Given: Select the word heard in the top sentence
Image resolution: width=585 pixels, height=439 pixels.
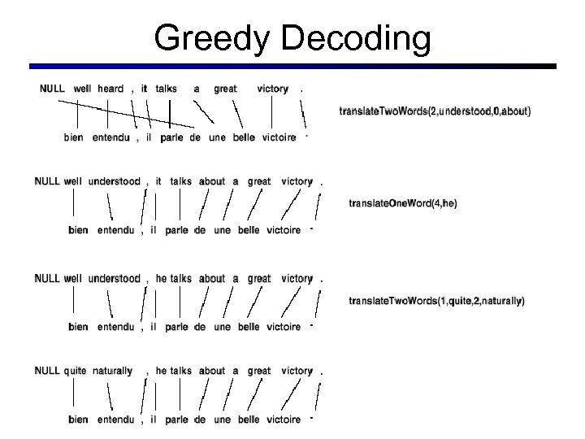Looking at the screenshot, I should (110, 88).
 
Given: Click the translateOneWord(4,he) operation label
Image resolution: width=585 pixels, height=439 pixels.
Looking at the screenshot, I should (402, 204).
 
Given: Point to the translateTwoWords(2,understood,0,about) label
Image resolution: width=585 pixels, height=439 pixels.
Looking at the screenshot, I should (435, 111).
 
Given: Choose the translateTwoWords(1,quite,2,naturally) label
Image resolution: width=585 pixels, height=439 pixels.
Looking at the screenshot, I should (436, 301).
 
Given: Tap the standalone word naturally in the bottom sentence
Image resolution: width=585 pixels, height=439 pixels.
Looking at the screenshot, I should (111, 371).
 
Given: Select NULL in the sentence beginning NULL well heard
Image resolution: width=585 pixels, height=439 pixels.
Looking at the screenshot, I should (52, 88).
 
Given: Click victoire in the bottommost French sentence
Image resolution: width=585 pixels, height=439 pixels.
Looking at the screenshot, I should (284, 420).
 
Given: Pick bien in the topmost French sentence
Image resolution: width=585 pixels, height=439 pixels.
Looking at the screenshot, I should (73, 138).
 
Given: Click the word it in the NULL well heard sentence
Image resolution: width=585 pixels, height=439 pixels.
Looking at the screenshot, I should (144, 88).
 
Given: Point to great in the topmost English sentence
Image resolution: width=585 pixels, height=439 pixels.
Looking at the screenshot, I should (225, 88).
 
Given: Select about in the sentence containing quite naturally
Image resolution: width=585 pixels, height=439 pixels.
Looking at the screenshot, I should (212, 371).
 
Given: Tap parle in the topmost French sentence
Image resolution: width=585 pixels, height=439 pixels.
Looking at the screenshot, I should (171, 138).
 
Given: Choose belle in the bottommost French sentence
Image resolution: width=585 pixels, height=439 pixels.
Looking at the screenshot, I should (249, 420).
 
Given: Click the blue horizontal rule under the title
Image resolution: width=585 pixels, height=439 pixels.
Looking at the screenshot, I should (292, 66).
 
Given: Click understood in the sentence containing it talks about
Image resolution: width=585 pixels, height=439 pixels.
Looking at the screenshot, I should (114, 181).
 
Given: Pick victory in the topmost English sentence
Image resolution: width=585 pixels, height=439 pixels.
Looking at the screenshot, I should (272, 88).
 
